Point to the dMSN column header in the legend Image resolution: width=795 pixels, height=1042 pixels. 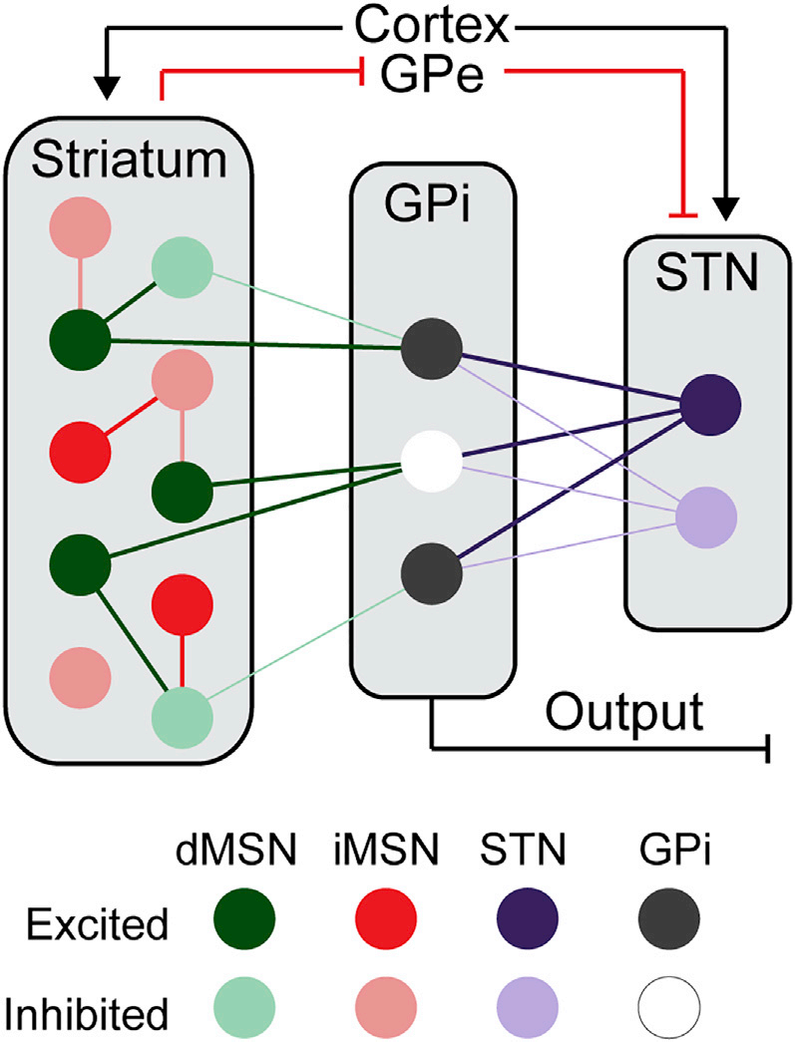(x=244, y=853)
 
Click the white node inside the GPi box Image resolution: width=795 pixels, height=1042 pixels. (x=431, y=462)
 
